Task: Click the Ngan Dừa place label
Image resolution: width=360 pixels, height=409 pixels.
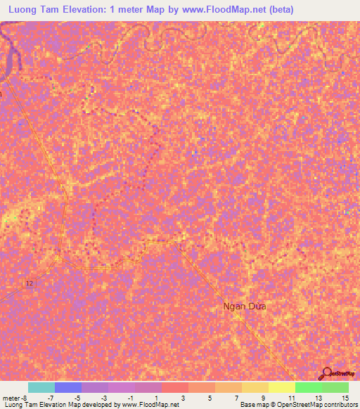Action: click(x=245, y=306)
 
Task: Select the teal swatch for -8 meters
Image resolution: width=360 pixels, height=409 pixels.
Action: click(x=41, y=387)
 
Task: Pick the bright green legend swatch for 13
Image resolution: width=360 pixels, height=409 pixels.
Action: click(x=308, y=387)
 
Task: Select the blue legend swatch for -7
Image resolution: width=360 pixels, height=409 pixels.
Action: click(x=68, y=387)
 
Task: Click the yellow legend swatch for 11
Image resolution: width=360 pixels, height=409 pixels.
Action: click(x=281, y=387)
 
